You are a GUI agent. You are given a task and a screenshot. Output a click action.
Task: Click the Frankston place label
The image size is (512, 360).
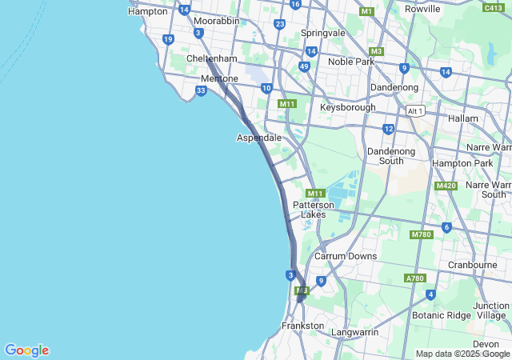[303, 326]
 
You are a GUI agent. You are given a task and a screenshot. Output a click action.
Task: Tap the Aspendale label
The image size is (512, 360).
[259, 138]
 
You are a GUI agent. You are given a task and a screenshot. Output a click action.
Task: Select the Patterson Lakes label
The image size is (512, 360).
[313, 210]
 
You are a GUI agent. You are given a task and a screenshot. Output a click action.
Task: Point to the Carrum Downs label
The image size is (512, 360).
[345, 256]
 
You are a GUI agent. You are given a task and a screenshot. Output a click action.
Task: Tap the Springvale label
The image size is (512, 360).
[322, 33]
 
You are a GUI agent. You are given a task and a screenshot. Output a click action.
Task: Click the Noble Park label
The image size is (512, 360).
[351, 62]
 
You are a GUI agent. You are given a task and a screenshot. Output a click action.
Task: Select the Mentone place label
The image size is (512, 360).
[219, 79]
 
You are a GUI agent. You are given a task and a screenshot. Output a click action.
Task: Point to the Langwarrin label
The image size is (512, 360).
[354, 330]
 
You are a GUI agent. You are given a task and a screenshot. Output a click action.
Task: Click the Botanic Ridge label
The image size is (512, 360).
[442, 315]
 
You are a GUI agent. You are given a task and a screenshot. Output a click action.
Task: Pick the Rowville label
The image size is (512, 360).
[422, 9]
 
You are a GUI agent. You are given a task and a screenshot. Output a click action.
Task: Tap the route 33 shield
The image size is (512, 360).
[201, 91]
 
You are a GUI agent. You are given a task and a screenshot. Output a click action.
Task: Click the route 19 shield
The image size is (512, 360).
[168, 39]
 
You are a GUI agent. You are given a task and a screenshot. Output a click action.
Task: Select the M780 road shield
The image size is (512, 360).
[421, 234]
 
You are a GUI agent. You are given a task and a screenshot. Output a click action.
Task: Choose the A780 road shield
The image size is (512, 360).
[415, 278]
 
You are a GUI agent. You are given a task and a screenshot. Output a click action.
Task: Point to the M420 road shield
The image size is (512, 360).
[446, 186]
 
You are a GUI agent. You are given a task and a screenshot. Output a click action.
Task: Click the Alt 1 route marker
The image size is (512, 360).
[414, 110]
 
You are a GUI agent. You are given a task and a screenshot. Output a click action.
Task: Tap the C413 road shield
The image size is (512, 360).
[494, 7]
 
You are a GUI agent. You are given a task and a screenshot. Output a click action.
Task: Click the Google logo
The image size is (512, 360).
[26, 350]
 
